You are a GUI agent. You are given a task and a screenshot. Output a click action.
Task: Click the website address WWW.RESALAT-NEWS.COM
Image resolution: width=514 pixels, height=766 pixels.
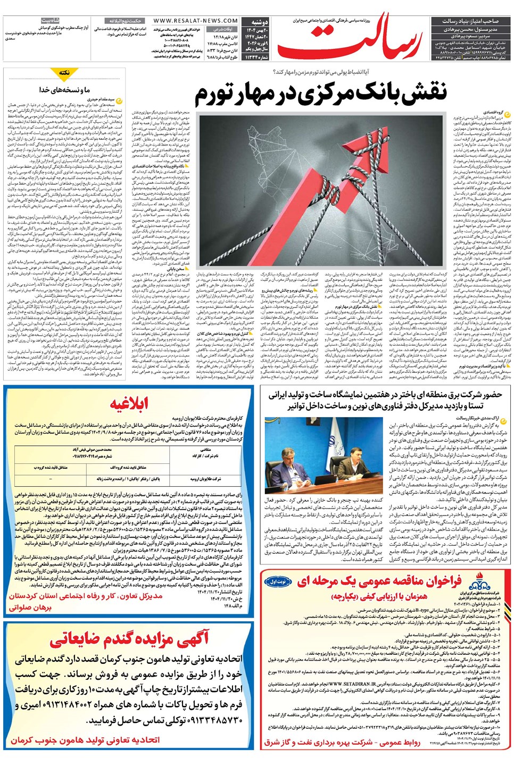pos(195,21)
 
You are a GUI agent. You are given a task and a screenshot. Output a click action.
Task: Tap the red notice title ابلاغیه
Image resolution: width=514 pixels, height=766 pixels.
pos(129,404)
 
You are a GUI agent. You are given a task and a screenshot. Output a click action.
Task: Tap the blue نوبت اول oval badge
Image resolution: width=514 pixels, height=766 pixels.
pos(276,581)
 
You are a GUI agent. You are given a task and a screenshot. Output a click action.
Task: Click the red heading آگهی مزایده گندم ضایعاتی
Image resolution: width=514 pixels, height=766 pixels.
pos(129,639)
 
